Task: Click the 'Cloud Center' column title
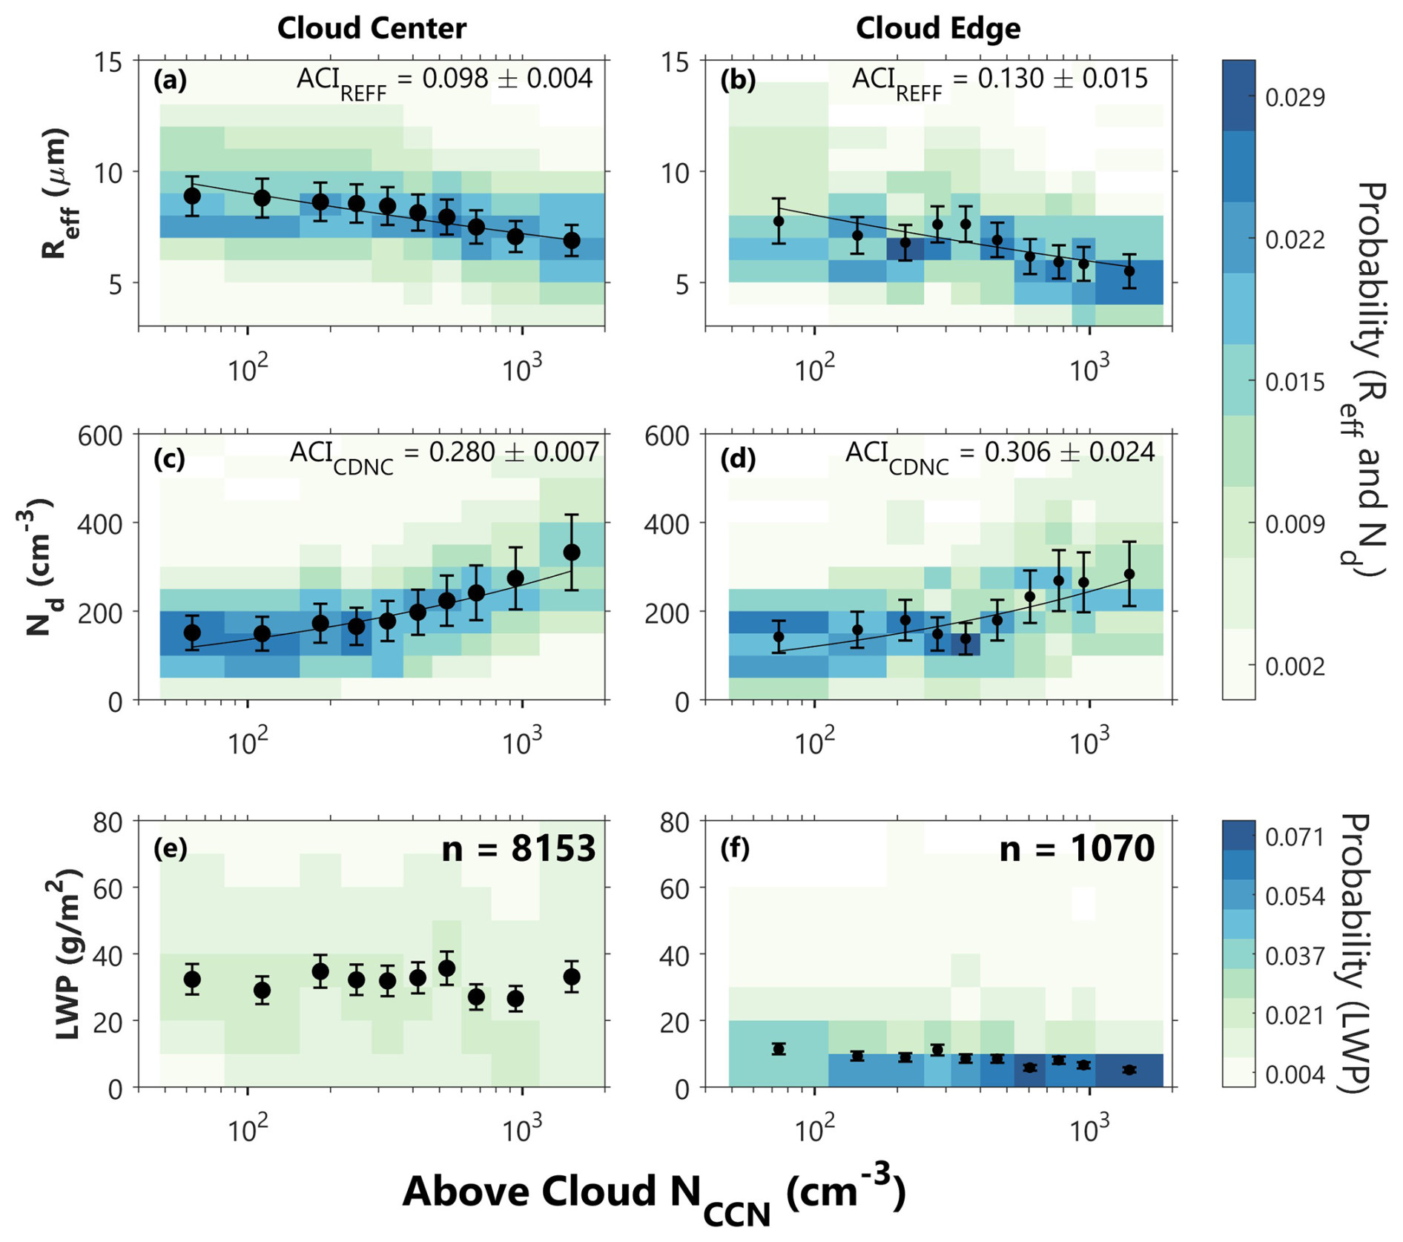pyautogui.click(x=372, y=28)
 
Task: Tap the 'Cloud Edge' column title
pyautogui.click(x=938, y=28)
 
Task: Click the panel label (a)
pyautogui.click(x=170, y=79)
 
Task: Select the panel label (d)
pyautogui.click(x=738, y=458)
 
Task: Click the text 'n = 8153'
pyautogui.click(x=518, y=848)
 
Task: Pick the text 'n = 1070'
pyautogui.click(x=1077, y=848)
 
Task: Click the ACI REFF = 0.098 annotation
pyautogui.click(x=445, y=80)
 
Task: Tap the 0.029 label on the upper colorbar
pyautogui.click(x=1295, y=98)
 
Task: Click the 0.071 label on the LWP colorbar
pyautogui.click(x=1295, y=837)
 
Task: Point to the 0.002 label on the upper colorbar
pyautogui.click(x=1295, y=667)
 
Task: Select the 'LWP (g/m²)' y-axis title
pyautogui.click(x=66, y=953)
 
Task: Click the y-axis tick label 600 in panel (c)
pyautogui.click(x=100, y=435)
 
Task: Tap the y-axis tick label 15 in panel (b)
pyautogui.click(x=674, y=62)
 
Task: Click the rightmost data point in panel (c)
pyautogui.click(x=572, y=552)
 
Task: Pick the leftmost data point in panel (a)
pyautogui.click(x=192, y=196)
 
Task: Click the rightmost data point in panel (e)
pyautogui.click(x=572, y=977)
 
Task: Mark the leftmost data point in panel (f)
pyautogui.click(x=779, y=1049)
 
